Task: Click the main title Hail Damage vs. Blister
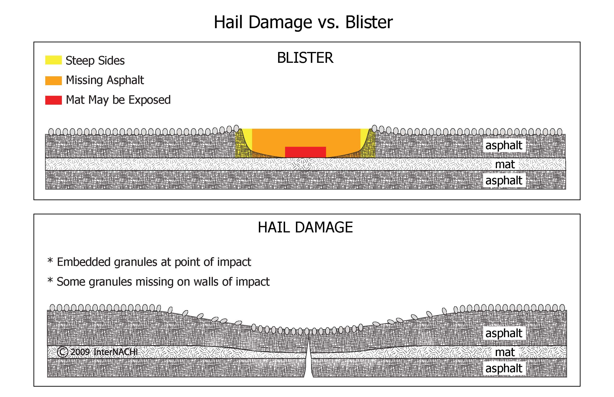303,22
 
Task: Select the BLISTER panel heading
305,58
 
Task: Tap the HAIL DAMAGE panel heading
305,227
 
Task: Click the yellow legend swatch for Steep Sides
53,60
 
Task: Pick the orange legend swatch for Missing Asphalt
53,80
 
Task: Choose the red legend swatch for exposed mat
53,100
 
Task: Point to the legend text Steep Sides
95,61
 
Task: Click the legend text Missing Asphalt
105,80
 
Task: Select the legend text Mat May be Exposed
118,100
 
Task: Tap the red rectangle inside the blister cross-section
305,152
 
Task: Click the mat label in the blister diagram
505,164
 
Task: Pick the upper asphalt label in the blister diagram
504,145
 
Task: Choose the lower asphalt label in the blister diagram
504,180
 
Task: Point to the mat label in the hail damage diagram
505,352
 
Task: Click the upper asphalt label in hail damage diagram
504,333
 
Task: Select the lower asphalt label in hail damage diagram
504,368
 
